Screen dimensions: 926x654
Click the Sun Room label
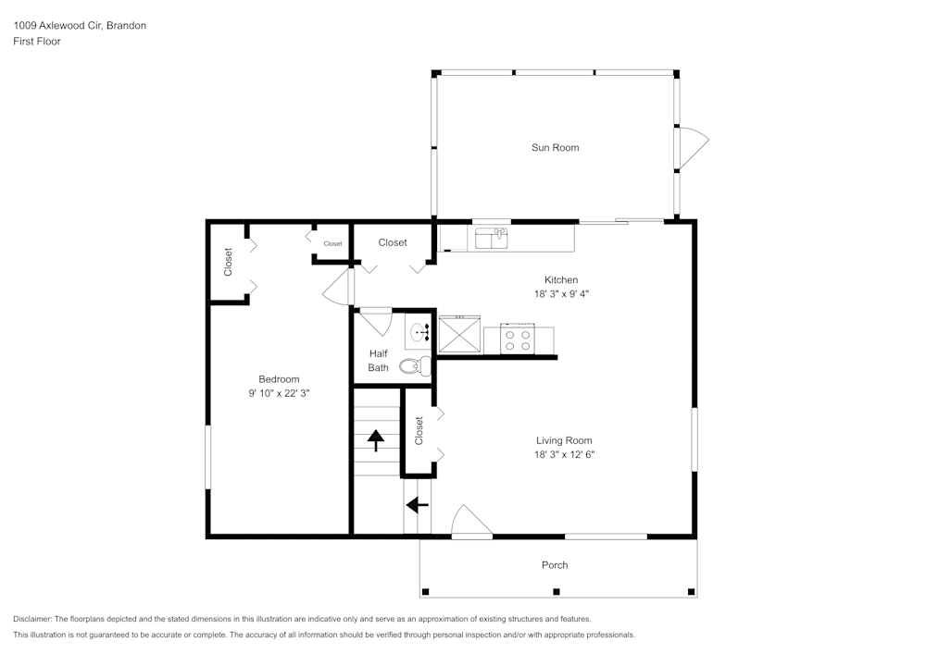[555, 147]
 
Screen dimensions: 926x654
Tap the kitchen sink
[492, 239]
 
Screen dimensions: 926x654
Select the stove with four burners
[518, 339]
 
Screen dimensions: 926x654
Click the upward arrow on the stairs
[376, 440]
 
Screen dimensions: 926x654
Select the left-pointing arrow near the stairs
[418, 505]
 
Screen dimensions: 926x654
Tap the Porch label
[555, 565]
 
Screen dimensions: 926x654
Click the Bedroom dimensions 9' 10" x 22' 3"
[279, 393]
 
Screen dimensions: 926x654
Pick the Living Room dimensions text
[564, 455]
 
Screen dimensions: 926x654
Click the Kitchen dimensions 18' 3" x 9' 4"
[562, 293]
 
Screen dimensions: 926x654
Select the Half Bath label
[379, 361]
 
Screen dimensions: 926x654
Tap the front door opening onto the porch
[471, 522]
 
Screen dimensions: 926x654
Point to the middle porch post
[556, 591]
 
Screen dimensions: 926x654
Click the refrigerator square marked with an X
[459, 334]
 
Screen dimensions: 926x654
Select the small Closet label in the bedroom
[332, 243]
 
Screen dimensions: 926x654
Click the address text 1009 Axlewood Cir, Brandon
[80, 25]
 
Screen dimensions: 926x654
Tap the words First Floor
[37, 42]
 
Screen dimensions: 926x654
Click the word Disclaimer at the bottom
[32, 619]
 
